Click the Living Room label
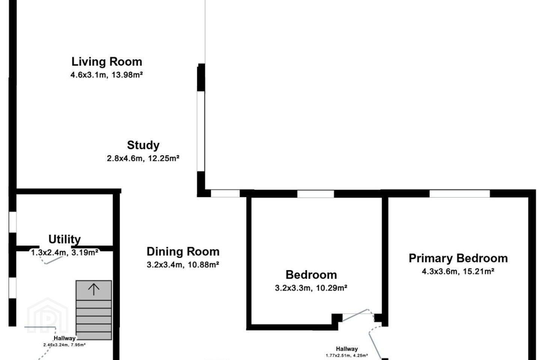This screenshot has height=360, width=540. (x=106, y=62)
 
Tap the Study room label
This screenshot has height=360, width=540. (x=143, y=145)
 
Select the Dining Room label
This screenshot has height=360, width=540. (x=183, y=252)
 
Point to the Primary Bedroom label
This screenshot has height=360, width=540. (x=458, y=258)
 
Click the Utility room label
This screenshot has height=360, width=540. (x=64, y=239)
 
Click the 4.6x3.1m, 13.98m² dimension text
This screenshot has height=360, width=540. (x=106, y=75)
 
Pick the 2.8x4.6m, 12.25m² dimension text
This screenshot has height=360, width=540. (x=143, y=158)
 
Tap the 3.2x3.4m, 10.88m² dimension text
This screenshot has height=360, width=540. (x=183, y=265)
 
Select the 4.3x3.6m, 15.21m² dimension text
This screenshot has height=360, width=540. (x=458, y=271)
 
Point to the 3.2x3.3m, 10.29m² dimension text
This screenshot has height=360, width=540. (x=311, y=288)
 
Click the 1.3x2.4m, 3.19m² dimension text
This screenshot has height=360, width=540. (x=64, y=252)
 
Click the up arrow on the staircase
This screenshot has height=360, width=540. (x=94, y=289)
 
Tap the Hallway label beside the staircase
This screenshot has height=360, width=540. (x=64, y=338)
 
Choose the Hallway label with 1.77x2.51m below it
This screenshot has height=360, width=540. (x=347, y=349)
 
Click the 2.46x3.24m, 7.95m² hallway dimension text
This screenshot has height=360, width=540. (x=64, y=345)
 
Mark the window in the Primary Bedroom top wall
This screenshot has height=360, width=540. (x=460, y=193)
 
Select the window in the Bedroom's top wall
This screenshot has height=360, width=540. (x=316, y=194)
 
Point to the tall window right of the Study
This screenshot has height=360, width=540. (x=201, y=131)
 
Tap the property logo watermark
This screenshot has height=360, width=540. (x=48, y=315)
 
